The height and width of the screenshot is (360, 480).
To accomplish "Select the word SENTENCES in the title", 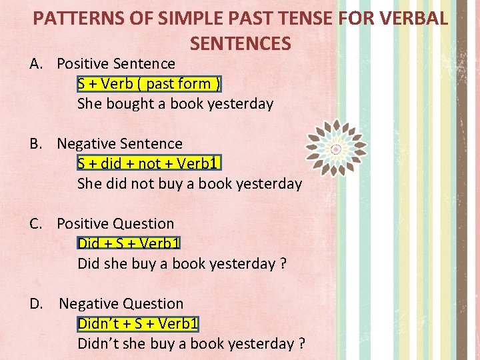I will (x=241, y=44).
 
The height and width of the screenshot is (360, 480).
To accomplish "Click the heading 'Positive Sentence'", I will (x=116, y=64).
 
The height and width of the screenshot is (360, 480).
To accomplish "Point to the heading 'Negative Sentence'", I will (x=119, y=144).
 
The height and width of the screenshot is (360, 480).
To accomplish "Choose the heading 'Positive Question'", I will (x=115, y=224).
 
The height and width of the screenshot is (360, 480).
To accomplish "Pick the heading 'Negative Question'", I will (x=121, y=304).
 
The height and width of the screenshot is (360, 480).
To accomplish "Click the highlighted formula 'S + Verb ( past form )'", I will (x=149, y=84).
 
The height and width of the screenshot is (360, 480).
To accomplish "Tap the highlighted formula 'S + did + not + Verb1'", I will (x=149, y=164).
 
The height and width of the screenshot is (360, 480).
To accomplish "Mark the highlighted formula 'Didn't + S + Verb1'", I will (x=138, y=324).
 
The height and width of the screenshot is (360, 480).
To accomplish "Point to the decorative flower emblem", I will (x=336, y=148).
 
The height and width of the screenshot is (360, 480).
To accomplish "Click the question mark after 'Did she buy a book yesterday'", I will (x=283, y=264).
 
